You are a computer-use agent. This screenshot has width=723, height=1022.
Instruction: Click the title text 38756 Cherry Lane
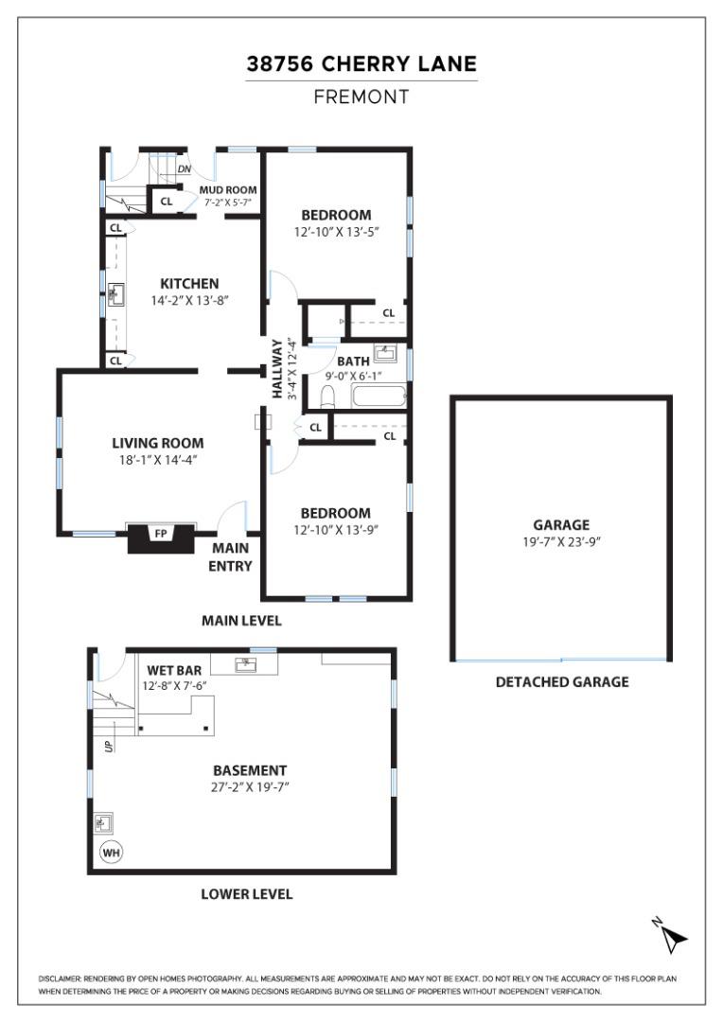coord(361,64)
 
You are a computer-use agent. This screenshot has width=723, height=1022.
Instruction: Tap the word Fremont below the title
coord(361,97)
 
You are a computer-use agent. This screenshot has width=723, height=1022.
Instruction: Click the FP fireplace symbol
coord(161,537)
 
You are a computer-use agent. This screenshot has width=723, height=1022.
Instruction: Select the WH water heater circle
coord(111,852)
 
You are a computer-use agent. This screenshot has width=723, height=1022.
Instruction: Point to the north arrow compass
coord(671,936)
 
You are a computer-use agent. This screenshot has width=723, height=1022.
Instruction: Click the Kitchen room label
coord(189,284)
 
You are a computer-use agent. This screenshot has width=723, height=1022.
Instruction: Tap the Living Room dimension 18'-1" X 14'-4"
coord(158,460)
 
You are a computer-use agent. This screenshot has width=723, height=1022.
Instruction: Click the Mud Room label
coord(228,189)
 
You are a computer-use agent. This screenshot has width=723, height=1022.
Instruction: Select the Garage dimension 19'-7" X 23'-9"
coord(561,541)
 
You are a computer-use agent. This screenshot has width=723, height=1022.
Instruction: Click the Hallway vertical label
coord(277,369)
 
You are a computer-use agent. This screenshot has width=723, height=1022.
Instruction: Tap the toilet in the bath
coord(328,396)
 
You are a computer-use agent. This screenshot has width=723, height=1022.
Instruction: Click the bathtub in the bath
coord(379,396)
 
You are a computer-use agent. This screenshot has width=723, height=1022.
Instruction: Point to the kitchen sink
coord(116,294)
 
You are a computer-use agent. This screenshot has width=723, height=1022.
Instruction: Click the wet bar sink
coord(246,664)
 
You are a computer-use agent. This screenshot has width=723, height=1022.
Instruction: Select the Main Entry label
coord(230,557)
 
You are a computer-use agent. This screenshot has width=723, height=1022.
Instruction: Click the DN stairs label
coord(185,169)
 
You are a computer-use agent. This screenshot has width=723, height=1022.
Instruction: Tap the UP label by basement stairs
coord(109,745)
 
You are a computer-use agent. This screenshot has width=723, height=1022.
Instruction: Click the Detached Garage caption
coord(562,682)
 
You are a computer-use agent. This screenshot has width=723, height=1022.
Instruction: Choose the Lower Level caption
coord(246,894)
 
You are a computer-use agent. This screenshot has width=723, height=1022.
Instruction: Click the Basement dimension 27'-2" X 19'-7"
coord(250,786)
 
